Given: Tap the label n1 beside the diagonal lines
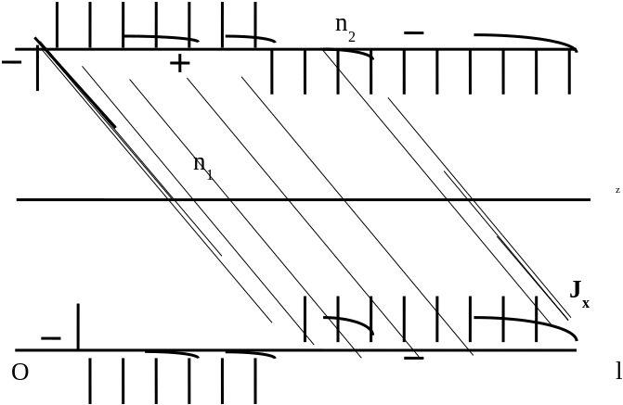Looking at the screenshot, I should (201, 165).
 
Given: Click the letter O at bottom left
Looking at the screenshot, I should (19, 373).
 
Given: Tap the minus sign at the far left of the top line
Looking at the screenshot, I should (13, 62).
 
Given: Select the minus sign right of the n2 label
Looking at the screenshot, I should (414, 33).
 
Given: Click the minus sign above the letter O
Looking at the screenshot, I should (51, 337).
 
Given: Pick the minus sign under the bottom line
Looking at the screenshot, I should (414, 357).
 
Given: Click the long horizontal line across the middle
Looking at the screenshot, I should (304, 199).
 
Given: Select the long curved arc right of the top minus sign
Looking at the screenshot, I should (525, 39).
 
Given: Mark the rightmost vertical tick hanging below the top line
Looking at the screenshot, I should (570, 70).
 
